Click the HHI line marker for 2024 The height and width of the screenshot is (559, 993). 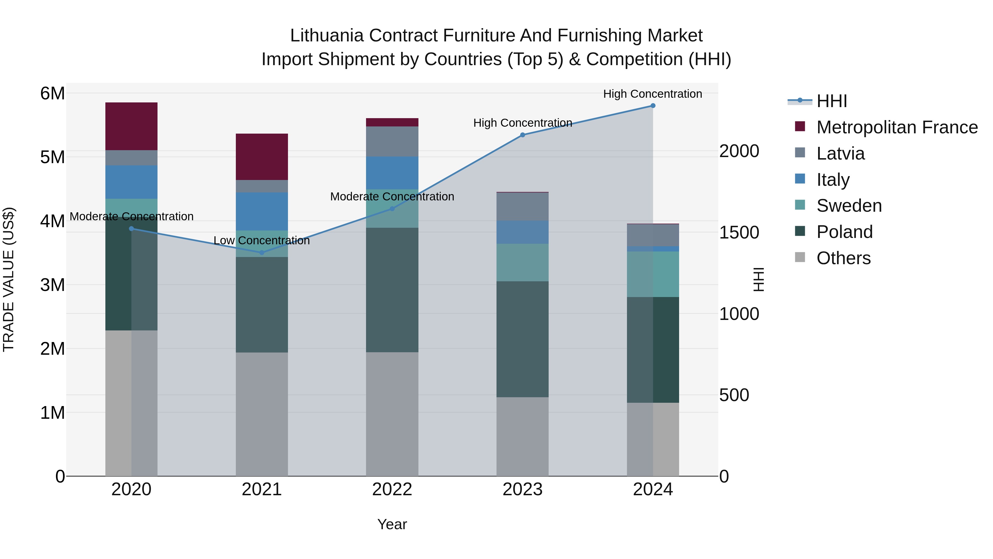653,106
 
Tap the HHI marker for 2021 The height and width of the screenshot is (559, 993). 262,253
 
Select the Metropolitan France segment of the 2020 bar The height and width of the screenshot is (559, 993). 131,126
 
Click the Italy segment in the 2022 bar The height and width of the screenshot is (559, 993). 392,173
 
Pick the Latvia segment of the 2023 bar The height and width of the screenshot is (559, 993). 522,207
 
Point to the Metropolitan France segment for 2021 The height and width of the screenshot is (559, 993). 262,157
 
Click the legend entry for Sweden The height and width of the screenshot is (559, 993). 849,206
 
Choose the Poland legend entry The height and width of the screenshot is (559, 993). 844,232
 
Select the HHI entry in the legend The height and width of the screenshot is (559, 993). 831,101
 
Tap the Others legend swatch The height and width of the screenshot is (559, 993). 800,257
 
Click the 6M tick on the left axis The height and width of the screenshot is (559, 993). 52,93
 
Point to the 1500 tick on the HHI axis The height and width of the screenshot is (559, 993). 739,233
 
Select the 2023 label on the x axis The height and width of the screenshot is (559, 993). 522,489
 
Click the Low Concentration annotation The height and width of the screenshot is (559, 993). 262,240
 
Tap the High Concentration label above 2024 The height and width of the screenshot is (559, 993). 652,94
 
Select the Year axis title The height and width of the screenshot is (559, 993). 392,524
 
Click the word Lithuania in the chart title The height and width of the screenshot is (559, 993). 327,36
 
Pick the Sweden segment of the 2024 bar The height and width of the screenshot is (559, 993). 653,274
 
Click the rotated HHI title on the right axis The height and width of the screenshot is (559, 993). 758,279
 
